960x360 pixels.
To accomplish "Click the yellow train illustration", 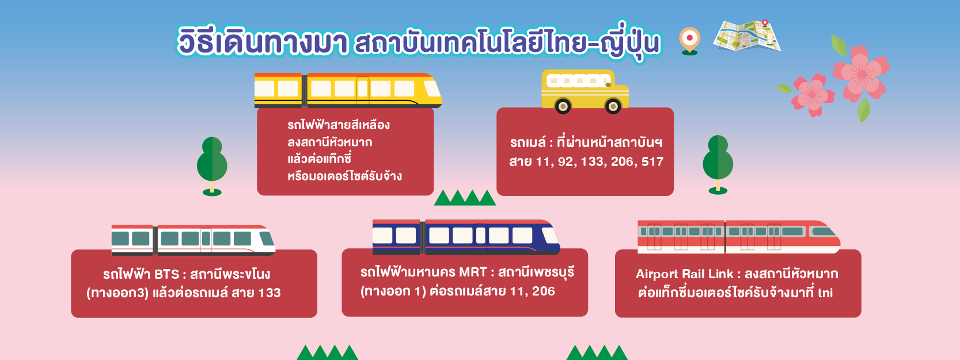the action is point(348,90).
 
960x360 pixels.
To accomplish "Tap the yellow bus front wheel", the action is point(613,106).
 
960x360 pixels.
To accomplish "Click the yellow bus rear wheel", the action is point(563,106).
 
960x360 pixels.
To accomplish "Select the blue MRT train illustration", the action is point(466,237).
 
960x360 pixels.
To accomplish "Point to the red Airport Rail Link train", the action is point(739,237).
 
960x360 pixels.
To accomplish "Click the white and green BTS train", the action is point(193,240).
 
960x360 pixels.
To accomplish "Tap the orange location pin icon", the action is point(689,41).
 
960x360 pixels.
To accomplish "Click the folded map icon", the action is point(747,36).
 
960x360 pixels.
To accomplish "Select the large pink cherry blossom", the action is point(862,73).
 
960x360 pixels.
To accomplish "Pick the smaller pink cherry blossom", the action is point(812,94).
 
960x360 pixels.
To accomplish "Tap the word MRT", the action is point(473,272).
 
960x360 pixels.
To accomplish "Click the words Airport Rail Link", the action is point(684,274).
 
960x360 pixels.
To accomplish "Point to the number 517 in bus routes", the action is point(652,162).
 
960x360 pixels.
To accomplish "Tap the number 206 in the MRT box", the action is point(544,291).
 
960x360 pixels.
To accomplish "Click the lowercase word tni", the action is point(825,293).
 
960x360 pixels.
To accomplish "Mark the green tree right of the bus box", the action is point(718,165).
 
